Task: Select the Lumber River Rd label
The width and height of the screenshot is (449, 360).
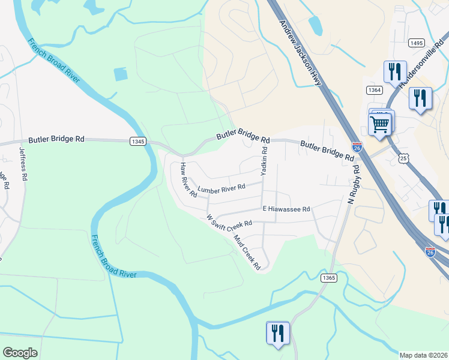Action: pos(221,188)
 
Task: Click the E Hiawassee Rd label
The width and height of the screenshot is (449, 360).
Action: pos(286,209)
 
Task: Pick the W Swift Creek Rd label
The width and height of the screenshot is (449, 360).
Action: pos(229,222)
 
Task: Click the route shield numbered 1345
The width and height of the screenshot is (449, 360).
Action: pos(137,141)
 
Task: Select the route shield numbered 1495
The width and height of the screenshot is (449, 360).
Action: pos(416,43)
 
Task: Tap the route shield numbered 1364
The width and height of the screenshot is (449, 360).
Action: pos(374,89)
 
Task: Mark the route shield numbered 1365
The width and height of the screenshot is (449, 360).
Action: pos(328,278)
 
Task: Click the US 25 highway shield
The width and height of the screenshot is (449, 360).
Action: pos(403,157)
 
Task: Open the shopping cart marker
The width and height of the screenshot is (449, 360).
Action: pos(380,125)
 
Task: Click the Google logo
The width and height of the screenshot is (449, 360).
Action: pos(20,353)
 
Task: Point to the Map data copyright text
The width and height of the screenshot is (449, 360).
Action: pos(424,355)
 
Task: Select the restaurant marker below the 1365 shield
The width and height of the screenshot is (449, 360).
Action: pos(277,333)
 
